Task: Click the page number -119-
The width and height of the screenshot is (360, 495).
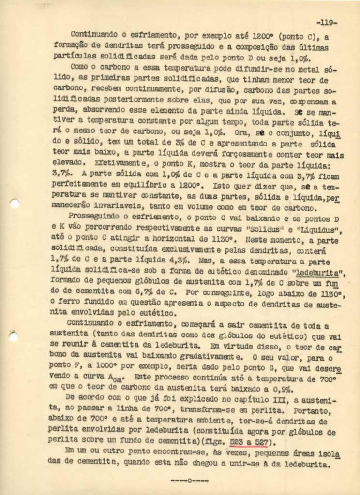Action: point(327,22)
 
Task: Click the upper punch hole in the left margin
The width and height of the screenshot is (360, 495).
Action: point(14,204)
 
